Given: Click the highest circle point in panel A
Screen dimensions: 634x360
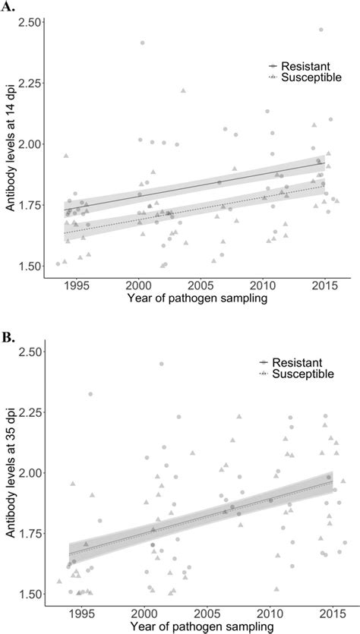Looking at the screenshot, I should pos(321,30).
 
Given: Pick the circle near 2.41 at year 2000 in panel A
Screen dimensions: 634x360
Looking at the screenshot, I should pos(142,43).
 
